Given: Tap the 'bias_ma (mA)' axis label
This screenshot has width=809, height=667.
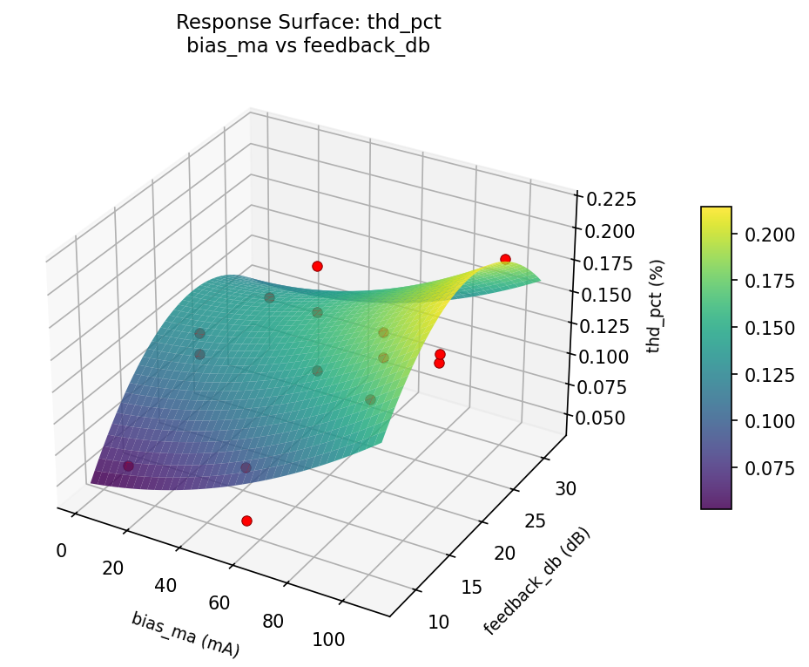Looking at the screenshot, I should tap(185, 634).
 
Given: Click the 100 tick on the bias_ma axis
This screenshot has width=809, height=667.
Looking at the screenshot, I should tap(328, 640).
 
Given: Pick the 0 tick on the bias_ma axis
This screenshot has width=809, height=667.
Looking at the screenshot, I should tap(61, 550).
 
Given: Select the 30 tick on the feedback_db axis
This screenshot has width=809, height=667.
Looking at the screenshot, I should tap(564, 487).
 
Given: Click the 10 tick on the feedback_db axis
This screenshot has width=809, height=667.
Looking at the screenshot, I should tap(439, 622).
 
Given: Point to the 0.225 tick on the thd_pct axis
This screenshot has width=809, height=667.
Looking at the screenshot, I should tap(610, 200).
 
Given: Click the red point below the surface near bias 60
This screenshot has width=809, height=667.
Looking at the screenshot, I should tap(246, 521).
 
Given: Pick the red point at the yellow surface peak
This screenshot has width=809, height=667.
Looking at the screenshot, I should tap(505, 259).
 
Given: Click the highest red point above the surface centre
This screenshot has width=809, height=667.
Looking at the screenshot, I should tap(317, 266).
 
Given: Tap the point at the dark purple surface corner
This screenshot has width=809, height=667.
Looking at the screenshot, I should tap(128, 466).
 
